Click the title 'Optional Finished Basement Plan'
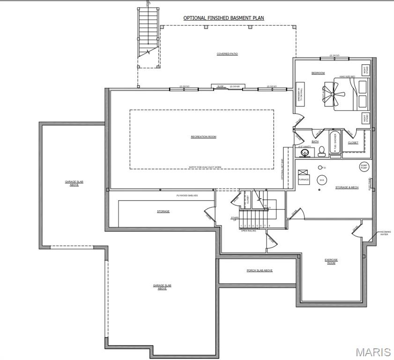[x=223, y=18]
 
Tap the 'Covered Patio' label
[x=227, y=54]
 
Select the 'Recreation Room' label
[x=203, y=137]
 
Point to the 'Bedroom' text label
[x=318, y=73]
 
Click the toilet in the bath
[x=322, y=151]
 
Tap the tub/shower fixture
[x=335, y=142]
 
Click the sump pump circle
[x=364, y=166]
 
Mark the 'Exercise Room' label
[x=331, y=261]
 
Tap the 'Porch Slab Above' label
[x=260, y=270]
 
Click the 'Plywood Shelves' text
[x=187, y=195]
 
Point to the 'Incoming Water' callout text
[x=385, y=233]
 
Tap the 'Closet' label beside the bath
[x=353, y=142]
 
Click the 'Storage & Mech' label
[x=347, y=187]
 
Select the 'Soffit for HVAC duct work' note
[x=205, y=166]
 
